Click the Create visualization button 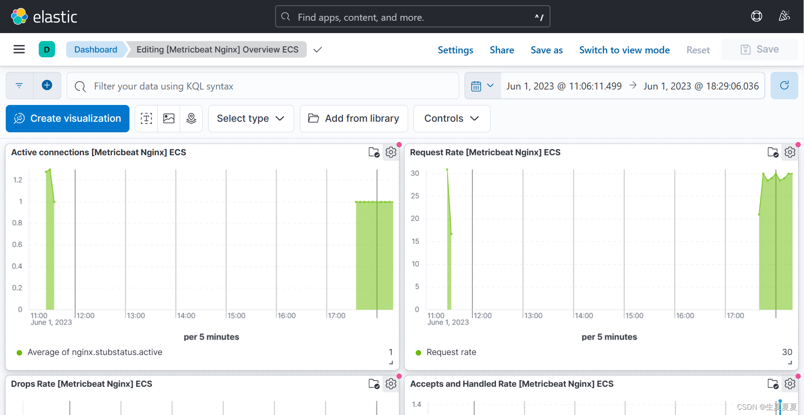tap(67, 119)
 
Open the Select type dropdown tap(251, 119)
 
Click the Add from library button tap(354, 119)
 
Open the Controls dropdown tap(452, 119)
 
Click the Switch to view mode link tap(624, 50)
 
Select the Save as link tap(546, 50)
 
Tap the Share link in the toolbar tap(502, 50)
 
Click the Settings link tap(455, 50)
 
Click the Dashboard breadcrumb tap(96, 49)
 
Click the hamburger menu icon tap(19, 49)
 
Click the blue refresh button tap(784, 86)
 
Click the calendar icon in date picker tap(476, 86)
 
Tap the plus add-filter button tap(47, 85)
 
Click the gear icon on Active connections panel tap(391, 152)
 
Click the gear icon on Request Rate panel tap(790, 152)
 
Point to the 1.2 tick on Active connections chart tap(18, 180)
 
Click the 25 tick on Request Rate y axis tap(415, 196)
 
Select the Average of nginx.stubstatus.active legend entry tap(89, 352)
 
